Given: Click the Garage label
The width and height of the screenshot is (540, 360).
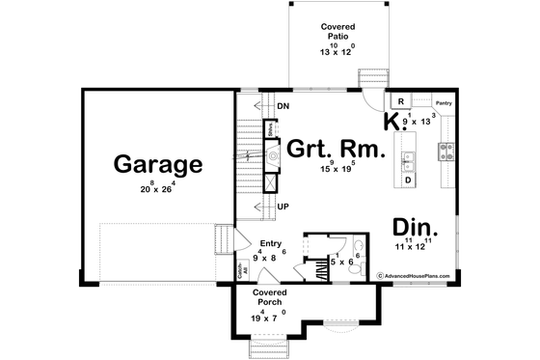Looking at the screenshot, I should click(158, 164).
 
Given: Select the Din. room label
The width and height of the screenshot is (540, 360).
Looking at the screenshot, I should click(417, 228).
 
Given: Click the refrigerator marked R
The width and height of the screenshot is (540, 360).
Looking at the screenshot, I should click(399, 100).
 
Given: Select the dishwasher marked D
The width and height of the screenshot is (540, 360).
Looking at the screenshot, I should click(408, 180).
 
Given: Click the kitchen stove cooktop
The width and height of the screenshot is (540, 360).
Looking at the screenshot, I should click(446, 150).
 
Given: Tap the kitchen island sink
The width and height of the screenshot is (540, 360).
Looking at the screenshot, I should click(408, 154).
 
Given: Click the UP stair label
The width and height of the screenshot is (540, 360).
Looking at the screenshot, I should click(283, 206).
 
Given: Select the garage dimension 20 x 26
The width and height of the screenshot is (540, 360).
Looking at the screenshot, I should click(158, 187).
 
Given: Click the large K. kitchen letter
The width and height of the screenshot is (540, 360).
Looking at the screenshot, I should click(391, 122).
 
